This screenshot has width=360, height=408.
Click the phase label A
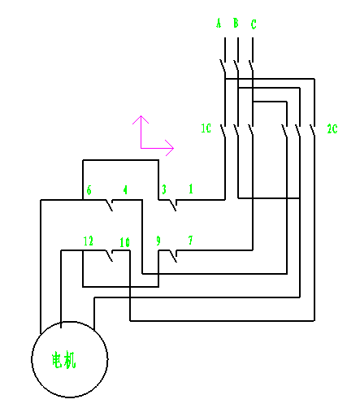(x=219, y=23)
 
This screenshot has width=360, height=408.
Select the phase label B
(x=236, y=23)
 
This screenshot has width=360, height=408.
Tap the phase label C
(x=254, y=24)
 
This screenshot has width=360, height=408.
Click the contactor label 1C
(x=206, y=128)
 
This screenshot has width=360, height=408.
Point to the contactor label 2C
(x=332, y=128)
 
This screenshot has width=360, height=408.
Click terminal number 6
(x=89, y=190)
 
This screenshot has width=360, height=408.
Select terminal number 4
(x=125, y=190)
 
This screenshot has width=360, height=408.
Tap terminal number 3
(x=164, y=189)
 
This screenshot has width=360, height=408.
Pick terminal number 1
(x=191, y=189)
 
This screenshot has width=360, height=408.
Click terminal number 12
(x=89, y=241)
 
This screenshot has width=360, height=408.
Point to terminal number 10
(x=125, y=242)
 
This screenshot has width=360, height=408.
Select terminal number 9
(x=158, y=241)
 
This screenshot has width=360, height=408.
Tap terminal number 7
(x=190, y=240)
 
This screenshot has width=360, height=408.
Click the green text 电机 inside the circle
(x=64, y=360)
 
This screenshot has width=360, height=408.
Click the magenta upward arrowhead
(x=141, y=119)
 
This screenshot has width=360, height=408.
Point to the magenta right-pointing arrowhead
(x=170, y=148)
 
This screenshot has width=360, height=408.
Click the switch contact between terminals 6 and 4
(x=109, y=205)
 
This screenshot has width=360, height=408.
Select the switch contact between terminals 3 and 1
(x=173, y=205)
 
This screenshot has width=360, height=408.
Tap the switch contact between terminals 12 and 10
(x=109, y=256)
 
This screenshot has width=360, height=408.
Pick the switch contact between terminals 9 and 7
(x=173, y=256)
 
